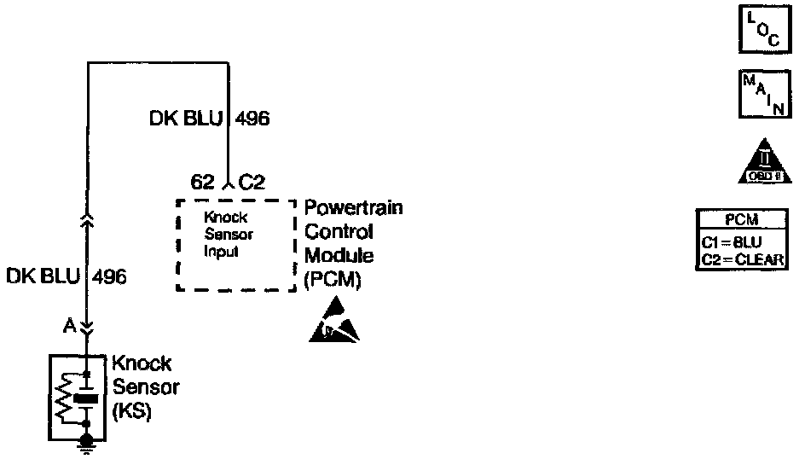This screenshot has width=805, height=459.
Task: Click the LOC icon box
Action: click(x=757, y=30)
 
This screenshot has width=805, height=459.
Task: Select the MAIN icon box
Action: click(x=757, y=93)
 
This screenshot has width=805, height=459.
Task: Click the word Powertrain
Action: click(x=353, y=207)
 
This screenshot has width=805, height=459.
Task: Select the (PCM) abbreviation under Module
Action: click(x=333, y=278)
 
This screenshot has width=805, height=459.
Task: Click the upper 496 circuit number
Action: click(x=252, y=119)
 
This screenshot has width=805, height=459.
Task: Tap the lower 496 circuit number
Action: click(x=108, y=276)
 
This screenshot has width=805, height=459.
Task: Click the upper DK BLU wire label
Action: click(x=185, y=119)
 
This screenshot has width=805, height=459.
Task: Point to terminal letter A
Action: click(x=68, y=325)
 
